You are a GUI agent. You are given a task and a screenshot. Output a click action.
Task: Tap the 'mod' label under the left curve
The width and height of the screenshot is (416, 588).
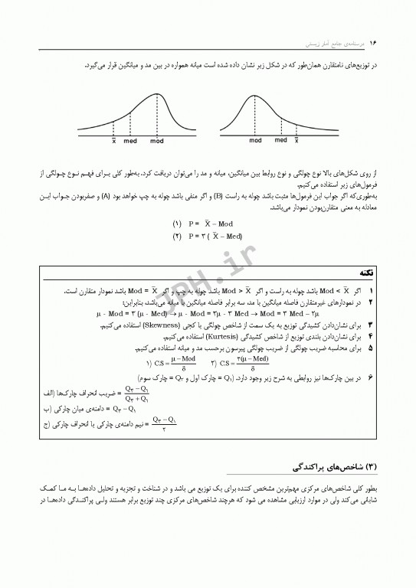coord(157,141)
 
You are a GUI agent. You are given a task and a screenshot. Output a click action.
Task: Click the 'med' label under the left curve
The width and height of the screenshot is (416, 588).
coord(131,141)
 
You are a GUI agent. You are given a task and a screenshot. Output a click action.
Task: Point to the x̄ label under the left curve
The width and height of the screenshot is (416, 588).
coord(114,141)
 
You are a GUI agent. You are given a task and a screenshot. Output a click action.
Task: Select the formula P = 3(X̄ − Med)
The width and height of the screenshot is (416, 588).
coord(208,236)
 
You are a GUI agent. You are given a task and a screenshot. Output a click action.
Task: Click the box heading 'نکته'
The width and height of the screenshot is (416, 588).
coord(366,273)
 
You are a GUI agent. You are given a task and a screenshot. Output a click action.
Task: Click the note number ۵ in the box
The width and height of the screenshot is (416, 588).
coord(371,347)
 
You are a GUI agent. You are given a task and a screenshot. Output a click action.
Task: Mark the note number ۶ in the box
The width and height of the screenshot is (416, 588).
coord(371,378)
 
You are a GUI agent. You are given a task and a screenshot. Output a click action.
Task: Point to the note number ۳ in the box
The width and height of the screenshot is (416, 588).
coord(371,325)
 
